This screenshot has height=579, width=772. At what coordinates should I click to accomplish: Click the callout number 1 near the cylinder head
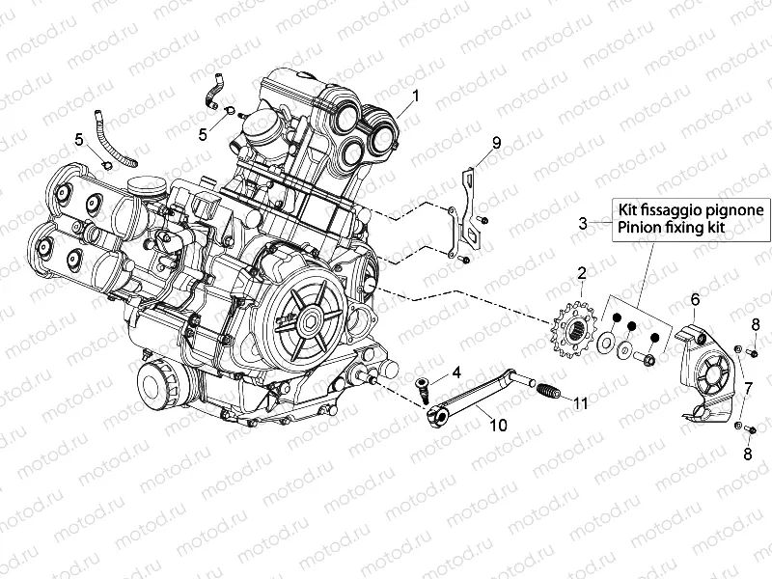click(416, 96)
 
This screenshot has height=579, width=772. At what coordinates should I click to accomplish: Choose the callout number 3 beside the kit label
click(582, 223)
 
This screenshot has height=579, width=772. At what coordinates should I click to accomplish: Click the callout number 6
click(694, 301)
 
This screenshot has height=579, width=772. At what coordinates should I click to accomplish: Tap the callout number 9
click(496, 143)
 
